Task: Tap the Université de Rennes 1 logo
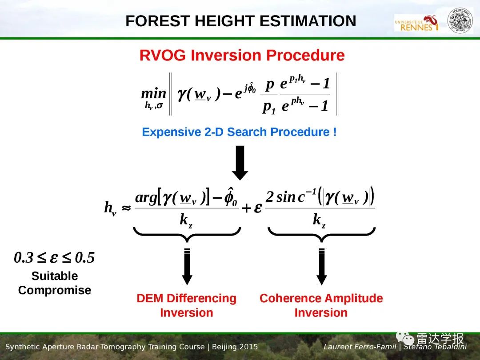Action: point(416,23)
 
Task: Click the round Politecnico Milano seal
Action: point(460,21)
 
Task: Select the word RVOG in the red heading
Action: point(163,56)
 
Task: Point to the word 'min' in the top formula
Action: point(153,93)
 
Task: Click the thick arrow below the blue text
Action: point(240,163)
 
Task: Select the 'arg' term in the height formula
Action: point(146,198)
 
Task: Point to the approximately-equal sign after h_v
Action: point(126,208)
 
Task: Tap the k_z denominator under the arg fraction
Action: point(186,220)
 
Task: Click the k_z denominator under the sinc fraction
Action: point(319,220)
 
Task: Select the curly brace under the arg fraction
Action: point(187,235)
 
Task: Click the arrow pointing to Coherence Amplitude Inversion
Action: point(321,266)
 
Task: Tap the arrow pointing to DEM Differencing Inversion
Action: point(187,266)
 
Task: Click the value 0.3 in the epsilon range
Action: point(23,258)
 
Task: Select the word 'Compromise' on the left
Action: point(55,290)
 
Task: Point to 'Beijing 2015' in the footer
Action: point(235,347)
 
